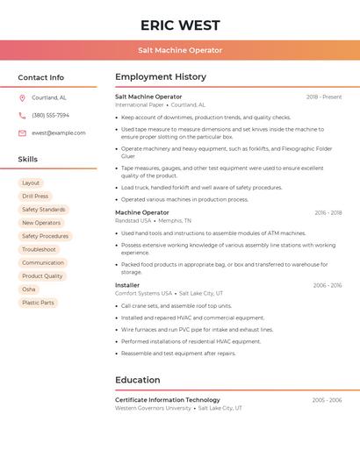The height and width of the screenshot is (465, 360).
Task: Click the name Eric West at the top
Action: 180,25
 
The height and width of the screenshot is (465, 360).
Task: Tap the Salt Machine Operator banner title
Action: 180,51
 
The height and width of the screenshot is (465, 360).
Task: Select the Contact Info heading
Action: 41,77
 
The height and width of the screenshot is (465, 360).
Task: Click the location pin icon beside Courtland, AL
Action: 22,97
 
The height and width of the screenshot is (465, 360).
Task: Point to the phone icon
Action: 22,115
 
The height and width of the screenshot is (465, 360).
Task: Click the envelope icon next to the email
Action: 22,133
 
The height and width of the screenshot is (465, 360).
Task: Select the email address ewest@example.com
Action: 59,133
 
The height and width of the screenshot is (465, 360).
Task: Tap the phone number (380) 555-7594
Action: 50,115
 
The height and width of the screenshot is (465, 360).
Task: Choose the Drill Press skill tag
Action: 35,197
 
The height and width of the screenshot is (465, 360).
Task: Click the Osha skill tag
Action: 29,290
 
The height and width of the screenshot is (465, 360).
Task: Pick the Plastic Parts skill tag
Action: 38,303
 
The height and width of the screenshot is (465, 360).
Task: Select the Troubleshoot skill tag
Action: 39,249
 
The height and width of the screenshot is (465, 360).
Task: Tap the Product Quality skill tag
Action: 42,276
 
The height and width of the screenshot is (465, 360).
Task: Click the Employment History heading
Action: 161,77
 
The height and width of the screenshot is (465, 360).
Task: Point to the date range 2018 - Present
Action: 324,97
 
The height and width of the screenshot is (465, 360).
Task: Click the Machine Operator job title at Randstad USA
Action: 142,212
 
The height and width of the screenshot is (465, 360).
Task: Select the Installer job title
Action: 127,285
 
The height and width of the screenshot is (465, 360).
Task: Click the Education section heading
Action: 138,380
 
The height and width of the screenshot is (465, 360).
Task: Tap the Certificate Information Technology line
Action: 168,400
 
